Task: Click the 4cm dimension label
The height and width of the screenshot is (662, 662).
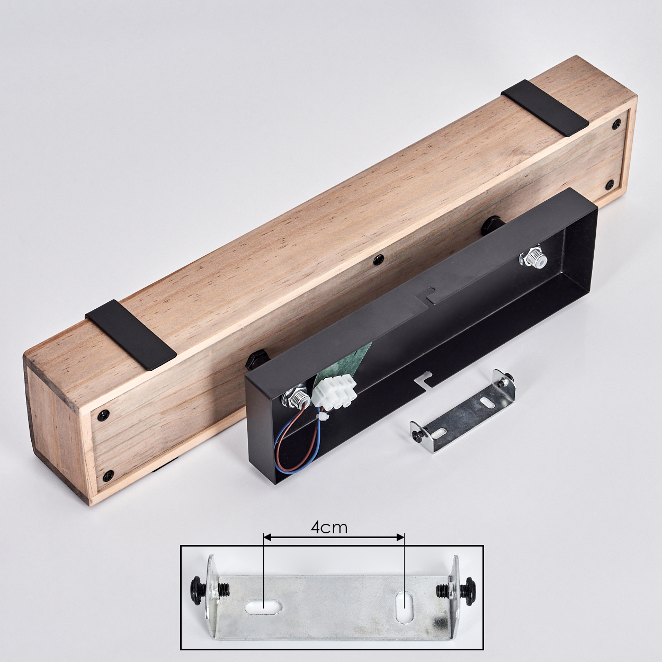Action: pyautogui.click(x=329, y=528)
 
